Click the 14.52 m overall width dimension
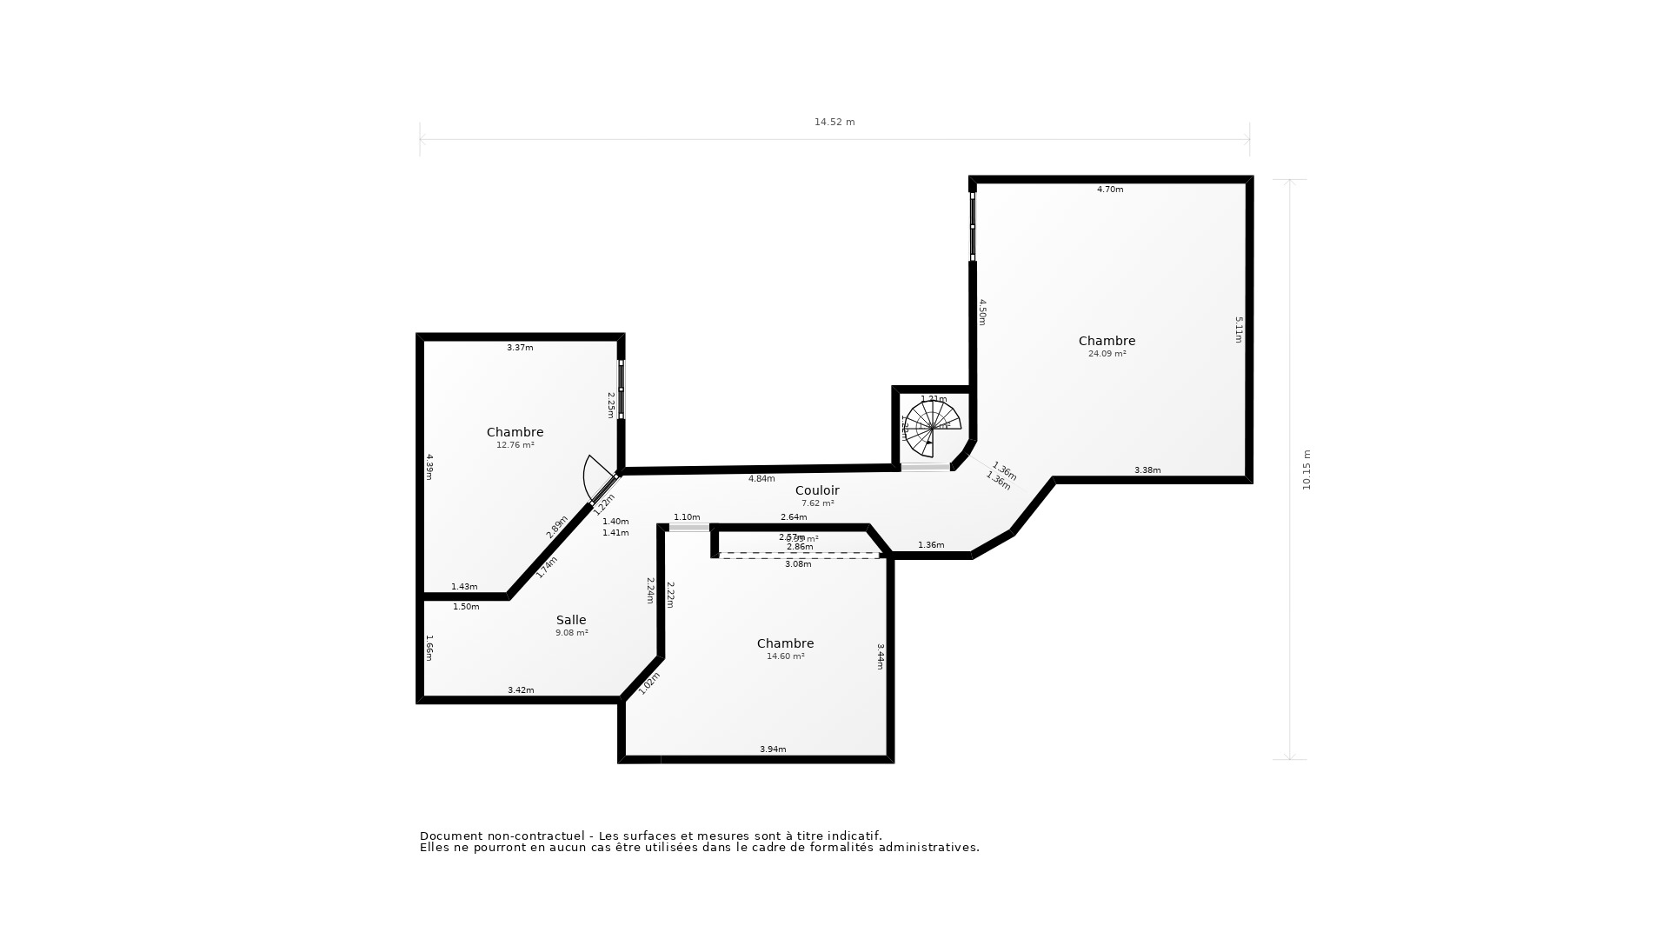pos(834,123)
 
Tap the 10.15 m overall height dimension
pos(1306,469)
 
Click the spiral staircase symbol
pos(932,428)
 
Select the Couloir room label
pos(817,490)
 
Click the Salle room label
pos(571,620)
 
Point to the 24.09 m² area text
pos(1107,354)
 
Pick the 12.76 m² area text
pos(515,445)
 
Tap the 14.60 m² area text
pos(785,656)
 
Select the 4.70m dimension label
pos(1110,190)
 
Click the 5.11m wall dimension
pos(1239,330)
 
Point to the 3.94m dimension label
pos(773,749)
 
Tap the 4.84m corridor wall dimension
pos(761,479)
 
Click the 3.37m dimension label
pos(520,348)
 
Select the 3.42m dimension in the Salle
pos(521,690)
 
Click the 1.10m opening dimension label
pos(687,517)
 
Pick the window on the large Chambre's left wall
pos(973,226)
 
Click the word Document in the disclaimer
pos(451,836)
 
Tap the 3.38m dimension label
pos(1147,470)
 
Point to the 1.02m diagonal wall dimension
pos(649,683)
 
